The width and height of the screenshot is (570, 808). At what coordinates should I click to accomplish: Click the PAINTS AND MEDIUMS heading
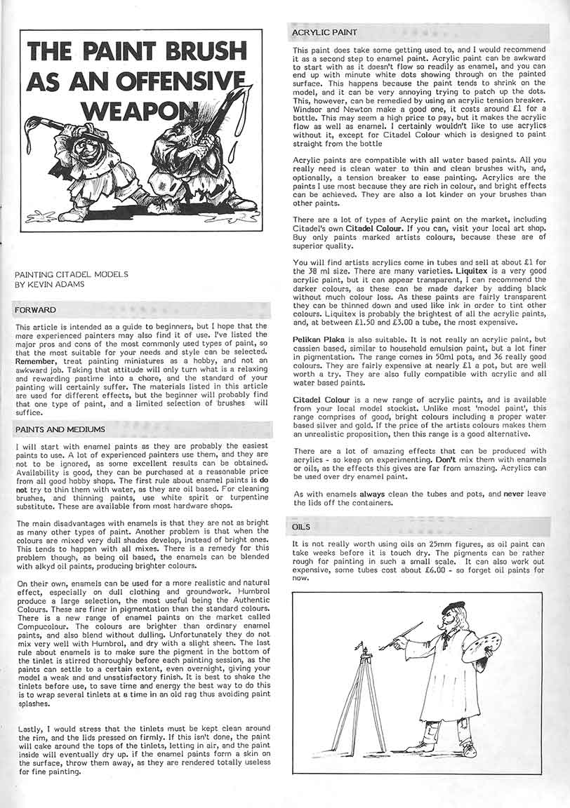(x=60, y=429)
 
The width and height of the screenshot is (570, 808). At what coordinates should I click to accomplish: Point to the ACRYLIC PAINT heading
(x=325, y=32)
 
